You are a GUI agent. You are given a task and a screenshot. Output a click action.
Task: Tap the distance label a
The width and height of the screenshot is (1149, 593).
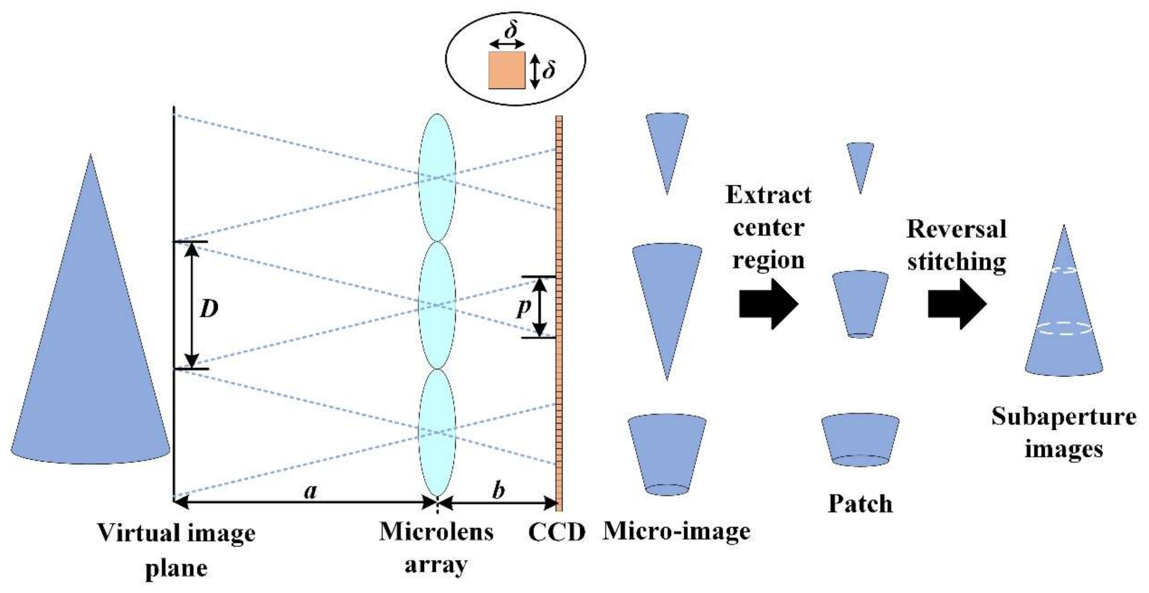click(x=310, y=492)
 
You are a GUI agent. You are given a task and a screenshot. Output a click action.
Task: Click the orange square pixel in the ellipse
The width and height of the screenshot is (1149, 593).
click(x=507, y=70)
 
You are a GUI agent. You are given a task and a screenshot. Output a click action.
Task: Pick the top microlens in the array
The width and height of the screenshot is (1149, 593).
click(x=437, y=177)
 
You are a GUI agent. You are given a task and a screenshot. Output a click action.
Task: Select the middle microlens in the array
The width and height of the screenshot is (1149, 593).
click(x=437, y=305)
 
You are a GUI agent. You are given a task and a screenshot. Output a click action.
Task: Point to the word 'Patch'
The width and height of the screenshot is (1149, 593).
click(x=860, y=504)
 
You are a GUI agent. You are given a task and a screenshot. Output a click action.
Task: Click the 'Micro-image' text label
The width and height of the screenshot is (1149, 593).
click(x=676, y=532)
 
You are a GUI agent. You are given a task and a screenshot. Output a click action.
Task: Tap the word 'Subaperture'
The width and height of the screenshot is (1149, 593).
click(x=1064, y=417)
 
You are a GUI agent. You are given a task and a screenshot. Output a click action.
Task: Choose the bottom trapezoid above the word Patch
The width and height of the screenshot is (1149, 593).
click(x=860, y=439)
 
